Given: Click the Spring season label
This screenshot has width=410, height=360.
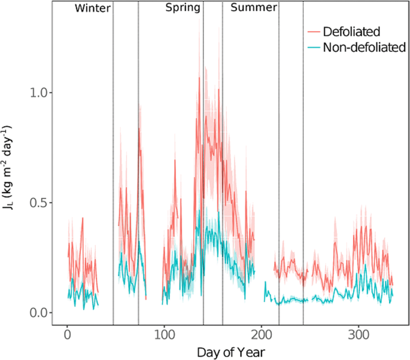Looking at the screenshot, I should tap(183, 8).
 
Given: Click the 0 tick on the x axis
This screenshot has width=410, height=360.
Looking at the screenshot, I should tap(67, 332).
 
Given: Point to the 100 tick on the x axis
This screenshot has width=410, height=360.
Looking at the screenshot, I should tap(164, 332).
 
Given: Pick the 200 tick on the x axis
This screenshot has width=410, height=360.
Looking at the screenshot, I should tap(261, 332).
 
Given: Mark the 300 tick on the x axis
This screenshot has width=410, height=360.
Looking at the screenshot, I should tap(359, 332).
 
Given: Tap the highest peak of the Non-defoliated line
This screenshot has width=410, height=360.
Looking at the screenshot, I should tap(199, 210).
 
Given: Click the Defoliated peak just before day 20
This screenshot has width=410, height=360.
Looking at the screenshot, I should tap(83, 218).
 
